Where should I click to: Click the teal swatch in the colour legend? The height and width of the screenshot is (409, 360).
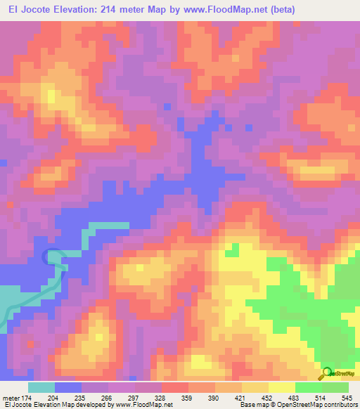pyautogui.click(x=41, y=387)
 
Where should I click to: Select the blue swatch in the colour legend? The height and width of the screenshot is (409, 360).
pyautogui.click(x=67, y=387)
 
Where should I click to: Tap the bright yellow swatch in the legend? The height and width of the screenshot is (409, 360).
pyautogui.click(x=281, y=387)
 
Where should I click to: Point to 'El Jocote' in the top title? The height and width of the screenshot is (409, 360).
pyautogui.click(x=28, y=9)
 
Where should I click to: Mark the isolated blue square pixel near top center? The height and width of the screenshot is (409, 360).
pyautogui.click(x=167, y=108)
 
